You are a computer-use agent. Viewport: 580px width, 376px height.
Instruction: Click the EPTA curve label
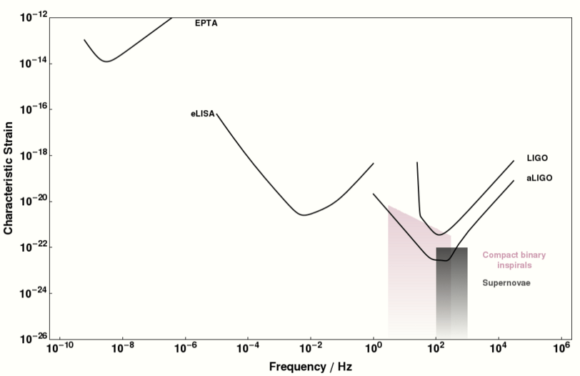tap(206, 24)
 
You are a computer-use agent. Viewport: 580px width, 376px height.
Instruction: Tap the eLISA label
tap(202, 113)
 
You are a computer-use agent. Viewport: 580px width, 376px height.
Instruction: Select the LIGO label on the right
tap(537, 158)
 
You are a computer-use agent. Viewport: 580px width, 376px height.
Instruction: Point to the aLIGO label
tap(539, 178)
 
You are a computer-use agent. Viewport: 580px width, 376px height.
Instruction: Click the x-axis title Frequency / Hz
tap(310, 367)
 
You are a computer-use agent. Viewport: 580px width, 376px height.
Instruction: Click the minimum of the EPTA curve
tap(106, 61)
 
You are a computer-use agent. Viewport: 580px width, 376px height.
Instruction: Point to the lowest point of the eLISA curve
tap(304, 214)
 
